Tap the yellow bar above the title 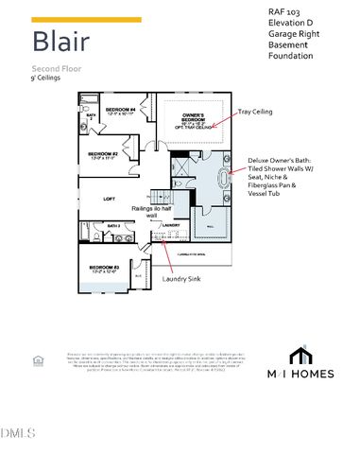pos(87,19)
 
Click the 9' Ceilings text pos(46,79)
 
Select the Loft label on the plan pos(111,199)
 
